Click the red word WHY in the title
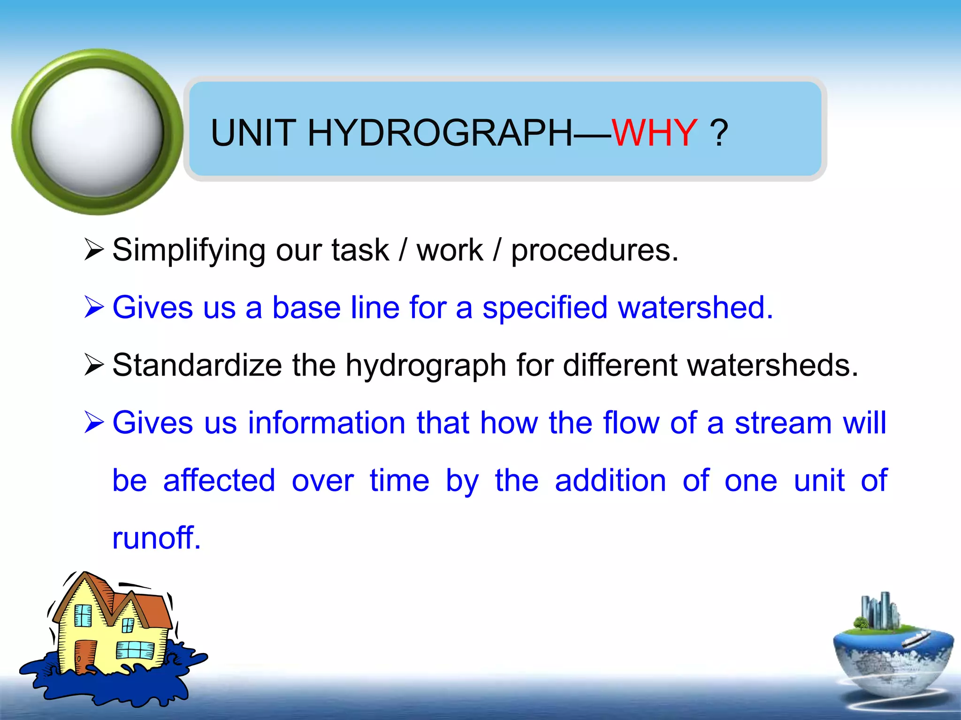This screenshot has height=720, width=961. [x=654, y=133]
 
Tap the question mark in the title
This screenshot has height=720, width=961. [x=719, y=133]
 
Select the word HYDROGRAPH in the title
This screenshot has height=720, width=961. [x=440, y=133]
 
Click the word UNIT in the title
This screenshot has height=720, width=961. [x=253, y=133]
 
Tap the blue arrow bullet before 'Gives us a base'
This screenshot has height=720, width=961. [x=94, y=307]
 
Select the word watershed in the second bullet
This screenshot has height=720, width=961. [x=695, y=307]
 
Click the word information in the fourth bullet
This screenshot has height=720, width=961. [x=327, y=423]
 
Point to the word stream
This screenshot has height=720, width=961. [x=783, y=423]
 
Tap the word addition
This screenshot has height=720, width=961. [x=610, y=480]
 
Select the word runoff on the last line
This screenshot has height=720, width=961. [x=156, y=538]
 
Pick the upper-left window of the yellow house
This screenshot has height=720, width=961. [x=84, y=615]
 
